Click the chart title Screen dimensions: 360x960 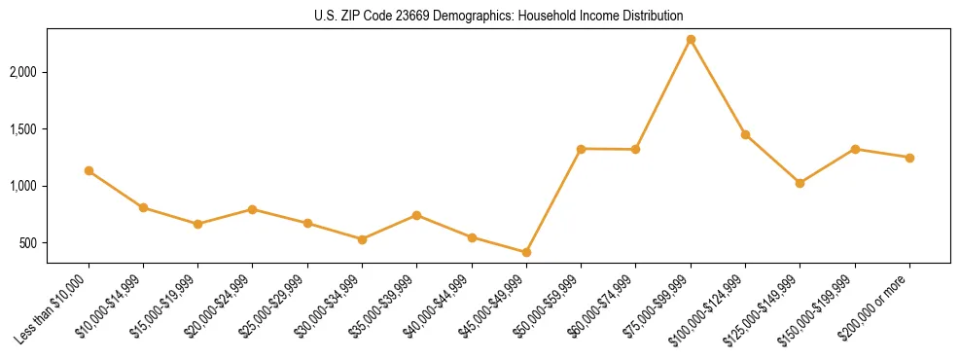499,17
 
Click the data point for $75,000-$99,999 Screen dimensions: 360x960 691,40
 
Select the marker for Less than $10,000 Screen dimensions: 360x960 89,171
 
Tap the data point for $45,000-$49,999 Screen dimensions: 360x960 526,252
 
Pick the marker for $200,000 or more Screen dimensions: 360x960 909,158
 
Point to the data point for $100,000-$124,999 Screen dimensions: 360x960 745,134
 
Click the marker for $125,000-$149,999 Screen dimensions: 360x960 800,183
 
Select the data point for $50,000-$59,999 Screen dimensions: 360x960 581,149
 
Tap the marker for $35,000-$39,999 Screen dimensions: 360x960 416,215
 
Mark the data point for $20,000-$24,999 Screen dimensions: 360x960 253,209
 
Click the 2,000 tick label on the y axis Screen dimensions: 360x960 24,73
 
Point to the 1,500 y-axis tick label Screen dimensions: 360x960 24,129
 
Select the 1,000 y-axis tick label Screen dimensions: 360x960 24,186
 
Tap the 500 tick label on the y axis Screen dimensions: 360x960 30,243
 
